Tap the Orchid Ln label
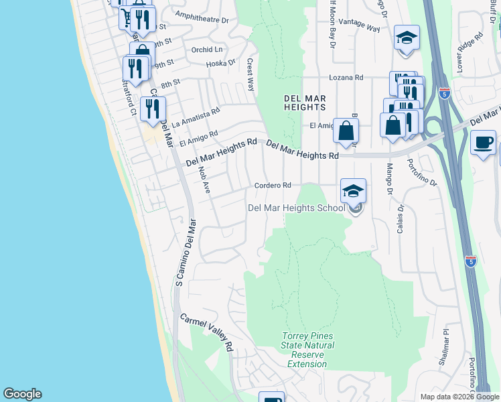click(x=206, y=50)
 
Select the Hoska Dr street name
click(x=221, y=63)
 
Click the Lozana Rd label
click(x=349, y=78)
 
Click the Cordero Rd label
click(x=273, y=186)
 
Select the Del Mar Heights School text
click(x=296, y=208)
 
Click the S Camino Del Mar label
click(x=186, y=253)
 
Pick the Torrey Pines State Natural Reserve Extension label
click(x=307, y=350)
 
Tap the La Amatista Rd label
click(x=196, y=119)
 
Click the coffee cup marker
click(x=483, y=142)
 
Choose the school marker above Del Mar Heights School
click(x=353, y=191)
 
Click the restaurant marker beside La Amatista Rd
click(x=153, y=109)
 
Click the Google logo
click(x=22, y=394)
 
